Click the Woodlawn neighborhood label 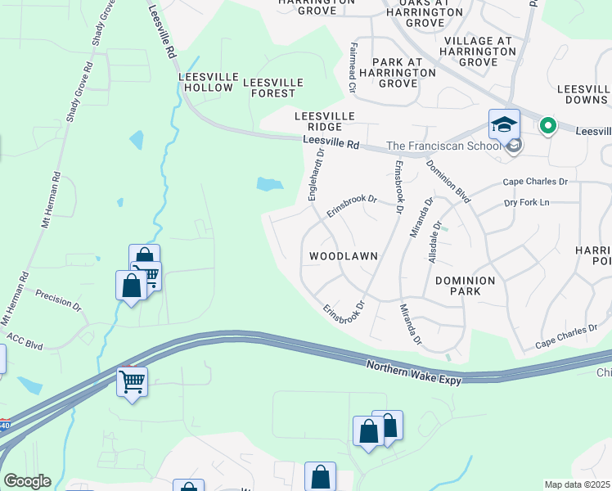coord(344,256)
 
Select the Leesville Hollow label coord(209,82)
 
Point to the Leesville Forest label coord(273,88)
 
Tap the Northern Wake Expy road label coord(414,374)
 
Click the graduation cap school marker coord(504,125)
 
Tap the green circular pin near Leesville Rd coord(547,126)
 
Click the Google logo coord(27,481)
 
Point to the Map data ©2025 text coord(577,484)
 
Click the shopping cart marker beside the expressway coord(132,381)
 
